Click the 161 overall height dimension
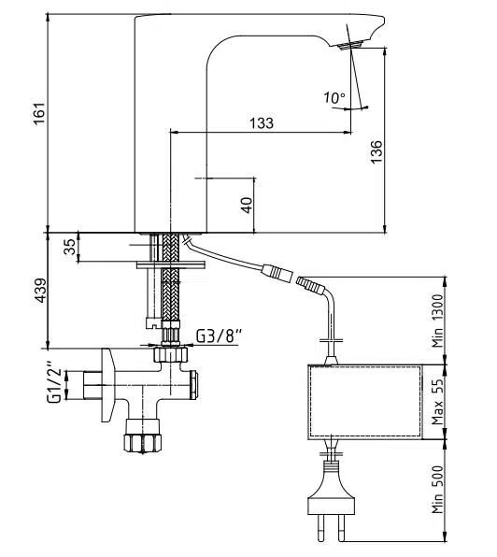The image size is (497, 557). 39,113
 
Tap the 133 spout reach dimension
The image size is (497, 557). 262,123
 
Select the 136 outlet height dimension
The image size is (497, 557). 376,151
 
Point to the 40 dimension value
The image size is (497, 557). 247,206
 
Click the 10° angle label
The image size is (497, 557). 334,98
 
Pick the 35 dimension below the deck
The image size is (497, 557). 69,247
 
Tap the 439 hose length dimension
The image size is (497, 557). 40,291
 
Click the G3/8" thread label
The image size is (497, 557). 220,336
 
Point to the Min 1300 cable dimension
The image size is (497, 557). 438,321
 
